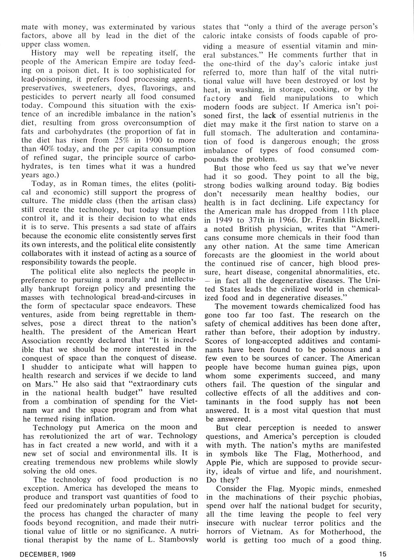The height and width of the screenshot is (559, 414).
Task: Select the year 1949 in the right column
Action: tap(225, 220)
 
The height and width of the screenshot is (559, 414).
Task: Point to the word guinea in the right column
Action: tap(323, 367)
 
